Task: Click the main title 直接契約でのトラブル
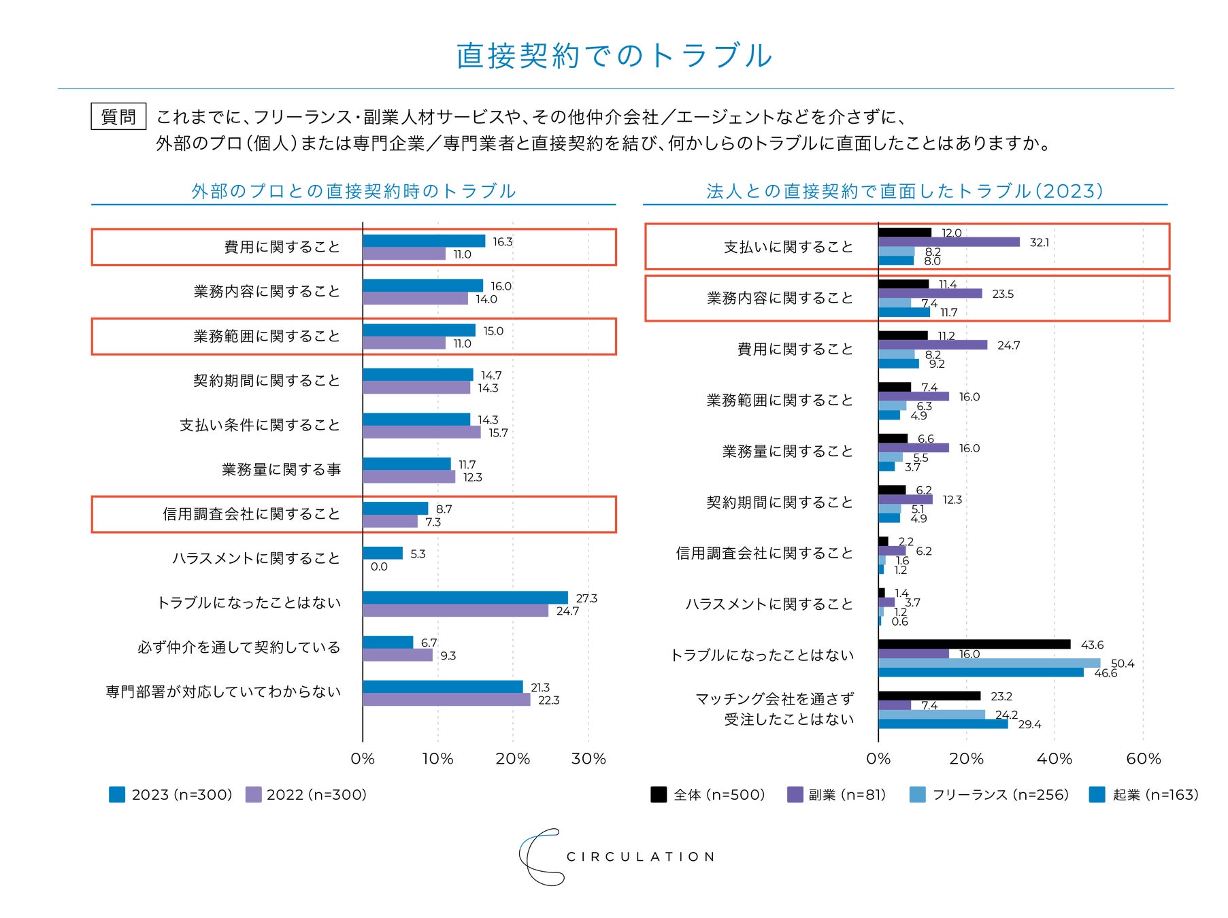coord(614,56)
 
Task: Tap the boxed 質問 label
coord(118,117)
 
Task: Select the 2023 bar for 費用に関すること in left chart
coord(423,241)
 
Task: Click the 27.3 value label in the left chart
coord(586,598)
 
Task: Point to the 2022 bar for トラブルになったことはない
coord(455,611)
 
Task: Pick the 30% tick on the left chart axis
coord(588,759)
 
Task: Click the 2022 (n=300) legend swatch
coord(253,794)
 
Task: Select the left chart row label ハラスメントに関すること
coord(256,558)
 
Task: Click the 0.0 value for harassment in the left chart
coord(379,566)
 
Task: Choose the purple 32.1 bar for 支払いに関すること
coord(948,242)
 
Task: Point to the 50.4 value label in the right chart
coord(1123,664)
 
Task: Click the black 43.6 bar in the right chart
coord(974,645)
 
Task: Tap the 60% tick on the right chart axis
coord(1144,759)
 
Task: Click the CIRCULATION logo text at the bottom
coord(640,857)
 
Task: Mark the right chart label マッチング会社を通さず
coord(774,699)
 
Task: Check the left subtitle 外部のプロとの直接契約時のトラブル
coord(353,191)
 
